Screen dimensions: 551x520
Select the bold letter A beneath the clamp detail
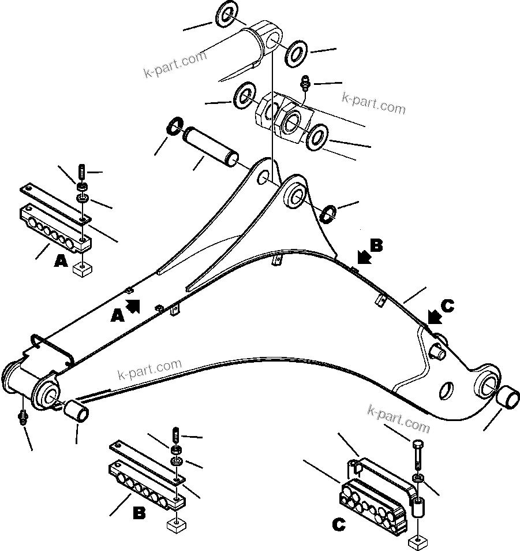61,262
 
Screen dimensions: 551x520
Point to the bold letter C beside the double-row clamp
339,525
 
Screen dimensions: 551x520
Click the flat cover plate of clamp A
55,202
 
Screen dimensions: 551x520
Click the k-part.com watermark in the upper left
175,64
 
